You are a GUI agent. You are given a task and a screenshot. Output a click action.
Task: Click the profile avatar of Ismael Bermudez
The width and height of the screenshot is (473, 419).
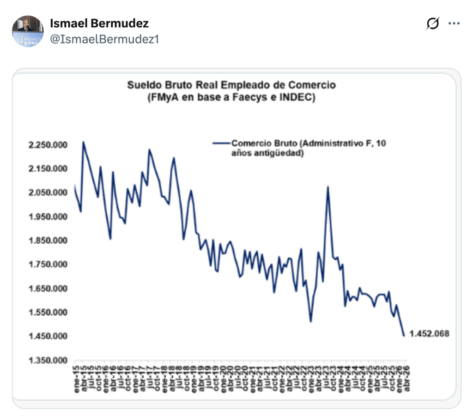click(28, 31)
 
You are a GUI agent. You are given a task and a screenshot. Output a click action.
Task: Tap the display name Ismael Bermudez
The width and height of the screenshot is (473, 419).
click(99, 24)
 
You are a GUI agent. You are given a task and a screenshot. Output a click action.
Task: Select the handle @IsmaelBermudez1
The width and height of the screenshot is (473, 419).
click(104, 39)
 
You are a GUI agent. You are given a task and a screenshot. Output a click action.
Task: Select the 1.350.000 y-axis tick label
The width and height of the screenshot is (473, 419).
click(48, 360)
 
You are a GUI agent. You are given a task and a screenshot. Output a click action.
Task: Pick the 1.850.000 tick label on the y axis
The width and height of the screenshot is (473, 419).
click(48, 241)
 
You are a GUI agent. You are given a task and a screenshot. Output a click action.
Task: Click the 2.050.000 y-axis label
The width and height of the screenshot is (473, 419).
click(48, 193)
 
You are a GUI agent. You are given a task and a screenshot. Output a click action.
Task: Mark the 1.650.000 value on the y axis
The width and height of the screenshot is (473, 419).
click(48, 289)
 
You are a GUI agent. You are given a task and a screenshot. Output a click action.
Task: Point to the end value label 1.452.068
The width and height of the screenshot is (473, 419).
click(429, 334)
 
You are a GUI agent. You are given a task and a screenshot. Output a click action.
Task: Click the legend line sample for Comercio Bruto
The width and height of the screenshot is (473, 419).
click(221, 143)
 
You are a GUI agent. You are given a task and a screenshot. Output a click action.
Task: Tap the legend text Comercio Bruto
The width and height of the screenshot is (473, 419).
click(259, 143)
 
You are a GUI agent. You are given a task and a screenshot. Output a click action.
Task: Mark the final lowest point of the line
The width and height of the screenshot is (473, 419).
click(404, 335)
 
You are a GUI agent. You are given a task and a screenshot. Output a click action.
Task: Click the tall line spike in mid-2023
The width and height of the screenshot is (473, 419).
click(327, 187)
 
